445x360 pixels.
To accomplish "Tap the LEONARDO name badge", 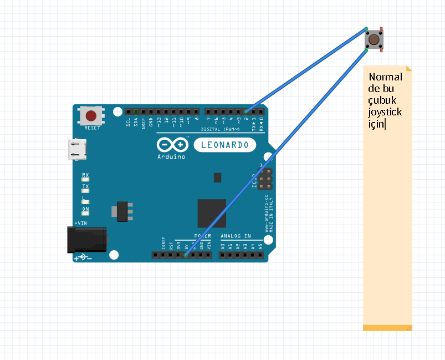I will point(225,145).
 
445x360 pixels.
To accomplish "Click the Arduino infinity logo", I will point(172,145).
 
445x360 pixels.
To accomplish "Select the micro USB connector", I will point(76,149).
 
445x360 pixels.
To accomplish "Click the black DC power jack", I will point(87,239).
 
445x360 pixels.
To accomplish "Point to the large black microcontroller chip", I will point(212,213).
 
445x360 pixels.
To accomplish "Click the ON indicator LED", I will point(85,214).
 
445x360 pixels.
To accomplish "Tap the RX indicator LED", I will point(85,180).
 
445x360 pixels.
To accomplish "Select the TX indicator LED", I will point(85,191).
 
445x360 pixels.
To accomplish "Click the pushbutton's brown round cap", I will point(374,39).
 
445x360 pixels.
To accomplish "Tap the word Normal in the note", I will point(385,77).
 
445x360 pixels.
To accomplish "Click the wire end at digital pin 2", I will point(246,111).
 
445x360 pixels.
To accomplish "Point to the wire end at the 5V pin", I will point(186,255).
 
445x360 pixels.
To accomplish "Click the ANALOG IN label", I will point(236,236).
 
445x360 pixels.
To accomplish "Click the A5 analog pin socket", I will point(260,255).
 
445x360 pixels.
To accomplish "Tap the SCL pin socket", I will point(128,111).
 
